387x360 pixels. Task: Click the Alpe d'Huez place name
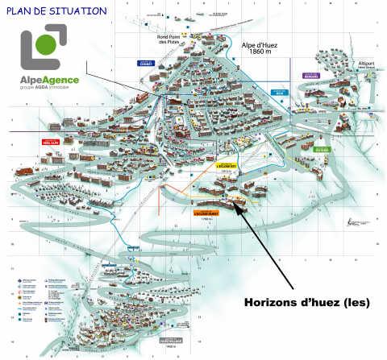(x=260, y=45)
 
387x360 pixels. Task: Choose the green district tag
(x=322, y=149)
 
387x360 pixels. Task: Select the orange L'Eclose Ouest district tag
(x=206, y=213)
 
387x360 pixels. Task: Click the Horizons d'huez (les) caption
(x=306, y=304)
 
